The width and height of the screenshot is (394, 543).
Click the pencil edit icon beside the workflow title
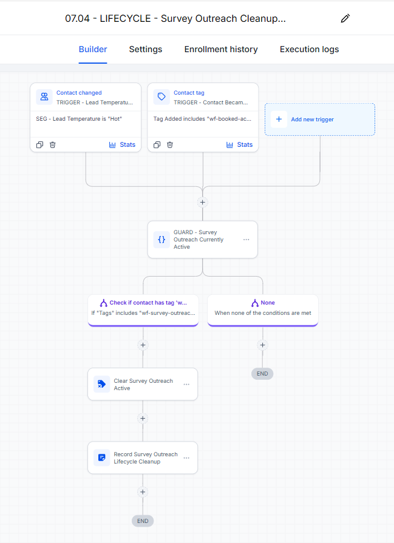pos(345,18)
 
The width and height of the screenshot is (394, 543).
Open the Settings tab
pos(146,50)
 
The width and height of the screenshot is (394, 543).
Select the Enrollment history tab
pos(221,50)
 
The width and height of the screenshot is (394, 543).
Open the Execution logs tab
pos(310,50)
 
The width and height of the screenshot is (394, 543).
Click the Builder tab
pos(93,50)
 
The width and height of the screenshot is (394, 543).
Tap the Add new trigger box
pos(320,120)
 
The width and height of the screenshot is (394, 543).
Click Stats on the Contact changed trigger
pos(122,145)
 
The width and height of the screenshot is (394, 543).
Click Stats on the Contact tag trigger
pos(239,145)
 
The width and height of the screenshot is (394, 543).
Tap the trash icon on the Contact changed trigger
pos(52,145)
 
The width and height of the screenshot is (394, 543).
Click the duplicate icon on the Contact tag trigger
pos(157,145)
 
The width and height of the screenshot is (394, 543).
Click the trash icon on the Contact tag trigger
pos(170,145)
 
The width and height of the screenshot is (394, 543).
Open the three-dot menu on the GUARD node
pos(246,240)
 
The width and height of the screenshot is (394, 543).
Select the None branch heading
pos(263,303)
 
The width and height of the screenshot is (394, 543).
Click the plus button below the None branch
pos(263,345)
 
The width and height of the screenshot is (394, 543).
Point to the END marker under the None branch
pos(262,374)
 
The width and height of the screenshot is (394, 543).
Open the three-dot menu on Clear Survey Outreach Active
pos(186,385)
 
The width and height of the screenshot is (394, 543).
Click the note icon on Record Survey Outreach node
pos(102,458)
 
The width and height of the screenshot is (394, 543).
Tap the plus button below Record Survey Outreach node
pos(143,492)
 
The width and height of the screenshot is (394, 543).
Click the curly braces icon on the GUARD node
pos(161,240)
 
